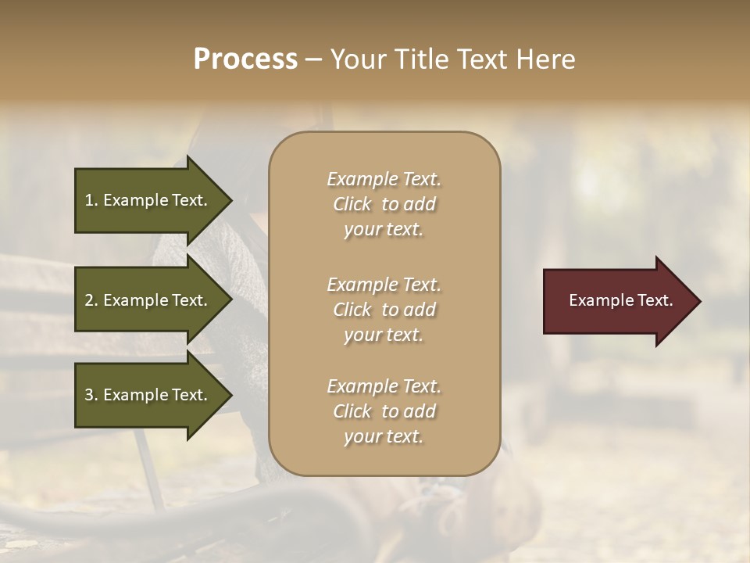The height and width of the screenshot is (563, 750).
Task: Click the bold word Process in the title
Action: [245, 59]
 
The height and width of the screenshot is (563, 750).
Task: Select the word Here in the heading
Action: [545, 59]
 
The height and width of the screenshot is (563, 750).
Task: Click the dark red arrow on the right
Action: [617, 301]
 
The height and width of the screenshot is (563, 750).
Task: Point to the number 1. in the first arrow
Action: [91, 200]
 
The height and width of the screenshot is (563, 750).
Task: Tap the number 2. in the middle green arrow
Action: [91, 300]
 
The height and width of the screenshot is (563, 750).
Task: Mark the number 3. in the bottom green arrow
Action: [91, 395]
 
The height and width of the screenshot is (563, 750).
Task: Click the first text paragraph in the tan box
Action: [384, 204]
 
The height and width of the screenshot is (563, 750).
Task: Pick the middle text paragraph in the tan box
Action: [384, 310]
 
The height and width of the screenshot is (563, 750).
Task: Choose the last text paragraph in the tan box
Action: [384, 411]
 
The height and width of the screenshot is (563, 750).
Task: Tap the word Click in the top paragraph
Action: [352, 204]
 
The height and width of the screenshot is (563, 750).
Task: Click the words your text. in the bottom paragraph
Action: [384, 436]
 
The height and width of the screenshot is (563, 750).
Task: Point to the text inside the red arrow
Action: [620, 300]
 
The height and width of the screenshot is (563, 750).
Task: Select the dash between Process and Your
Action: [312, 59]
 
